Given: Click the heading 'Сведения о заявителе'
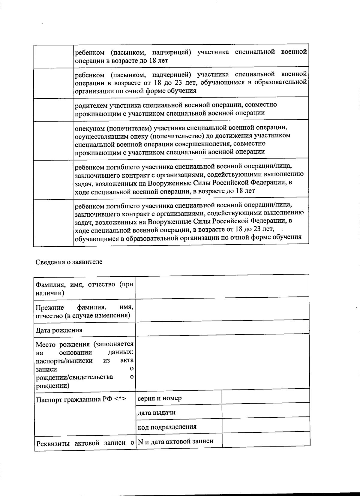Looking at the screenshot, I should click(x=69, y=262).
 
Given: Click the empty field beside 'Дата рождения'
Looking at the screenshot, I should click(x=222, y=327).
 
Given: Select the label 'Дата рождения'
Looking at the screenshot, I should click(x=59, y=330).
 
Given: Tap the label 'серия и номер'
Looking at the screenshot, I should click(x=159, y=398).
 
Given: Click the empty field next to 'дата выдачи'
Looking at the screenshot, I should click(x=265, y=410).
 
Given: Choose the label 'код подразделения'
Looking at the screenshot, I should click(x=167, y=427).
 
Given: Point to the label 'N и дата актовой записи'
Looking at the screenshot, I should click(x=175, y=441).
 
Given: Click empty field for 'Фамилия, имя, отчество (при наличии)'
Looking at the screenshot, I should click(x=222, y=286).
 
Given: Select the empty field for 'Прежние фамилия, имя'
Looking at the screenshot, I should click(x=222, y=308).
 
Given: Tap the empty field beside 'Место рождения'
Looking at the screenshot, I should click(x=222, y=361).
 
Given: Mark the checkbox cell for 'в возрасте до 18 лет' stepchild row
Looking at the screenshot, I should click(x=53, y=56).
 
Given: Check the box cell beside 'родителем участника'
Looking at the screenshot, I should click(x=53, y=109).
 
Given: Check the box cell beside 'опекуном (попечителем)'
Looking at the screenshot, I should click(x=53, y=140).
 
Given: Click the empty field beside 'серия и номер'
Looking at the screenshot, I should click(x=265, y=396).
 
